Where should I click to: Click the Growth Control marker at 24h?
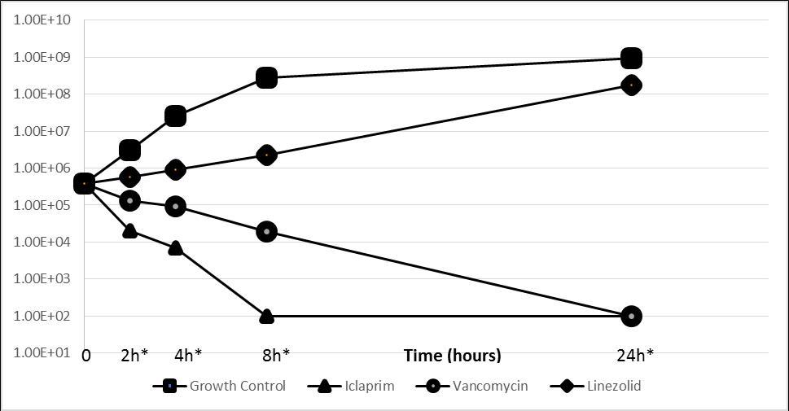[x=631, y=59]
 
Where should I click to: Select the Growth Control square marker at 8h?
[x=266, y=78]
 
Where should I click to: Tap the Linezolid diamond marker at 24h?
[x=631, y=85]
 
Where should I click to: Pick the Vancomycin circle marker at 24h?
[x=631, y=316]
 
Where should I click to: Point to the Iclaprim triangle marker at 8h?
[x=266, y=316]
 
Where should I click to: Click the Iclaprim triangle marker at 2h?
[x=129, y=230]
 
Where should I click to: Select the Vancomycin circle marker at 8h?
[x=266, y=232]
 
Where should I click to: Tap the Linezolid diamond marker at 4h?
[x=175, y=169]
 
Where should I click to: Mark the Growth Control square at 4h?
[x=175, y=116]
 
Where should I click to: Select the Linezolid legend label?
[x=613, y=387]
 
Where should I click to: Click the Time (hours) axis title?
[x=453, y=356]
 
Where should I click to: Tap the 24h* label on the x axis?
[x=635, y=356]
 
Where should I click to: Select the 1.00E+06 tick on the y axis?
[x=37, y=168]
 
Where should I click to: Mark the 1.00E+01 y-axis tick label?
[x=37, y=352]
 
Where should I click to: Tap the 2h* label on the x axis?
[x=134, y=356]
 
